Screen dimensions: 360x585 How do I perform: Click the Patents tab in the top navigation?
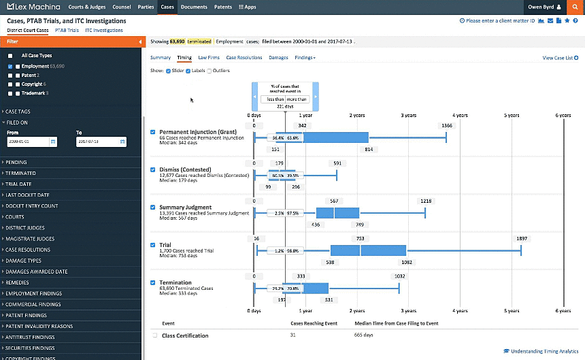pyautogui.click(x=223, y=7)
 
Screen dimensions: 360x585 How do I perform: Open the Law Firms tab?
pyautogui.click(x=208, y=58)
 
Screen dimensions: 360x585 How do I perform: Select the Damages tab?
pyautogui.click(x=278, y=58)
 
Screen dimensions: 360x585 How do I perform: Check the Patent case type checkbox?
pyautogui.click(x=10, y=75)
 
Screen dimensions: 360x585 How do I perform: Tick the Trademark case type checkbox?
pyautogui.click(x=10, y=93)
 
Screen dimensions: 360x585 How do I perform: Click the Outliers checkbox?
pyautogui.click(x=210, y=71)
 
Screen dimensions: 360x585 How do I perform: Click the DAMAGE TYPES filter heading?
pyautogui.click(x=24, y=261)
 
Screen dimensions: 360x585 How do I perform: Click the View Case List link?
pyautogui.click(x=557, y=59)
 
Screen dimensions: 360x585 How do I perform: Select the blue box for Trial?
pyautogui.click(x=368, y=250)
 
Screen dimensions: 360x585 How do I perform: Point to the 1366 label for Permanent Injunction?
pyautogui.click(x=446, y=126)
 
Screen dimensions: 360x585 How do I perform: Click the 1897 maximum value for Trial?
pyautogui.click(x=522, y=239)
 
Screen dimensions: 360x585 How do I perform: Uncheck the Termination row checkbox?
pyautogui.click(x=152, y=282)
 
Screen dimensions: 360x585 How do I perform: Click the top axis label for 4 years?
pyautogui.click(x=461, y=116)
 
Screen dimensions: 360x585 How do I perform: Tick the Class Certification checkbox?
pyautogui.click(x=155, y=336)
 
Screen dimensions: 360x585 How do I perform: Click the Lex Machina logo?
pyautogui.click(x=33, y=7)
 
